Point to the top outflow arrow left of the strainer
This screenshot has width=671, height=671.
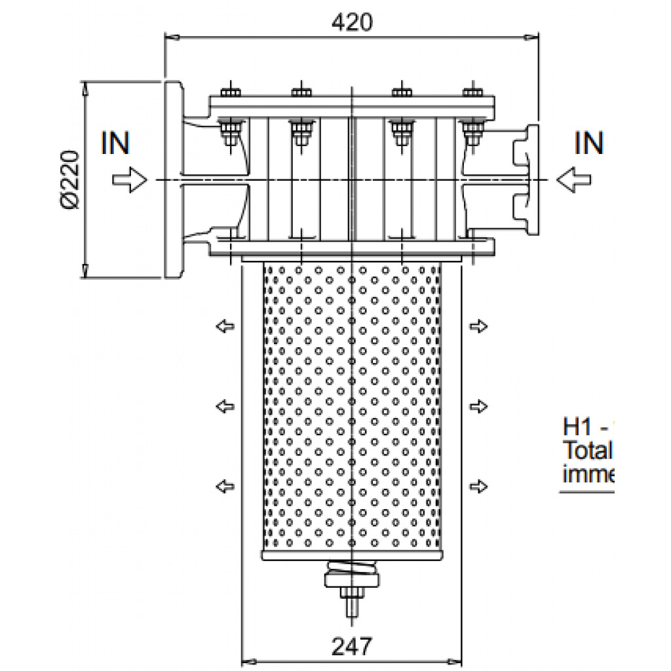point(225,326)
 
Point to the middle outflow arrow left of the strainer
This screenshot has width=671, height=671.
point(225,406)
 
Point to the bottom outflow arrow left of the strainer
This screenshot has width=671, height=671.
point(225,486)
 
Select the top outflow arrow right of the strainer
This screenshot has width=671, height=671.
point(480,326)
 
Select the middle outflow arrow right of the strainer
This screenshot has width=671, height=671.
point(480,406)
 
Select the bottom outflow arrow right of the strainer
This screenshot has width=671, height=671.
point(480,486)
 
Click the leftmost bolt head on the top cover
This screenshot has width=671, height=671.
point(231,91)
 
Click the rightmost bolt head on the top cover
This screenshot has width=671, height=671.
point(472,91)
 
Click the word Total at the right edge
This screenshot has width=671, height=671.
point(587,451)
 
